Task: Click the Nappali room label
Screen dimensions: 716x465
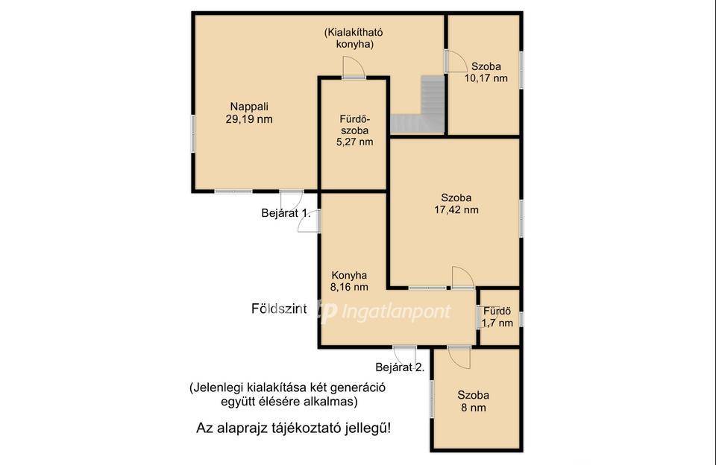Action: pos(249,107)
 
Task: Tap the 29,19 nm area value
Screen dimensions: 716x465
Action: pos(249,119)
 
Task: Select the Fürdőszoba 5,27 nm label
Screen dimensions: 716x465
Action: pos(355,130)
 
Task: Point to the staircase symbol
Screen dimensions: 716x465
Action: pos(418,105)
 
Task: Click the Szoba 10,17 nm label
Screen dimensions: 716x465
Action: pos(486,72)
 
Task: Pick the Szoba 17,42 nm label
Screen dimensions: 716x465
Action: pos(456,204)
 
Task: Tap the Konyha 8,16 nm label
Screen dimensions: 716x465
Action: pos(349,281)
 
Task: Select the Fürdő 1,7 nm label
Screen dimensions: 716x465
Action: pos(497,317)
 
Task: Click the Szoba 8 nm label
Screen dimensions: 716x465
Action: pos(474,402)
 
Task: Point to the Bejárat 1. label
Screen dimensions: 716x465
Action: pos(286,213)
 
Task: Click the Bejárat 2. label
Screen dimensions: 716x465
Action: pos(400,367)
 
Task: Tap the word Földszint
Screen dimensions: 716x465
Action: pos(279,309)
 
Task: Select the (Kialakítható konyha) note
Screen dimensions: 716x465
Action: pos(354,39)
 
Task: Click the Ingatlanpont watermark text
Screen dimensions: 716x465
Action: pos(396,311)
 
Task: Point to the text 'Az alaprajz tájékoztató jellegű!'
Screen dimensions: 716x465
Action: pos(294,428)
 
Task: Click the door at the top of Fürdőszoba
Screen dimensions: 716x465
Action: pos(354,68)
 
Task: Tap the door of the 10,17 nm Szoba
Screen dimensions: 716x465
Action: pos(456,61)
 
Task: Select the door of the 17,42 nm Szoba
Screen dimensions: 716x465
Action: pos(463,277)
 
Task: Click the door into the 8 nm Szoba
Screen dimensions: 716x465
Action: pos(459,357)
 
